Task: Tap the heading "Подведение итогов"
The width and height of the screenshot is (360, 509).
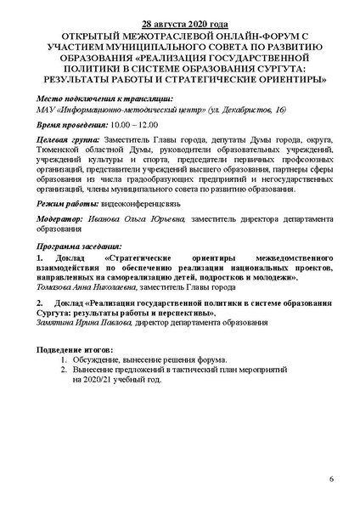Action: (x=75, y=351)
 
